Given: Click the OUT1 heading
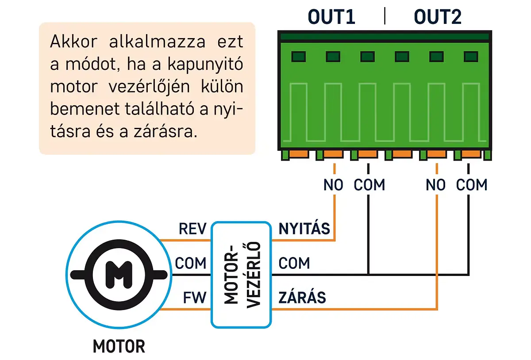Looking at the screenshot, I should coord(331,17).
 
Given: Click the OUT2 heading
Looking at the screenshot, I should coord(438,17).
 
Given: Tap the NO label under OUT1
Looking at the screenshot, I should coord(333,185).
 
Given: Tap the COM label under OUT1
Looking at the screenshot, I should coord(369,185).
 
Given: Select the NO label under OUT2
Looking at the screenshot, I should coord(435,185).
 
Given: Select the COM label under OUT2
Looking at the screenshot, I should coord(472,185).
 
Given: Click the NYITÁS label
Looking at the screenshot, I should coord(304,229).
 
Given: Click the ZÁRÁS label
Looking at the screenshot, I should coord(302,298).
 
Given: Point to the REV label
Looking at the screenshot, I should coord(192,229).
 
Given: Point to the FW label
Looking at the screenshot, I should coord(195,298).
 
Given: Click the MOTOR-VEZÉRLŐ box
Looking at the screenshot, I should coord(241,274).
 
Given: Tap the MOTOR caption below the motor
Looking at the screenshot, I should coord(119,346).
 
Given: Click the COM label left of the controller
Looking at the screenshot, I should coord(191,263).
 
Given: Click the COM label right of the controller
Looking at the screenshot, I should coord(294,263).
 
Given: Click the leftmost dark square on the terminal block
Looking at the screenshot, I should coord(298,57).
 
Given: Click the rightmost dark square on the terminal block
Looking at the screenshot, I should coord(471,57).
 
